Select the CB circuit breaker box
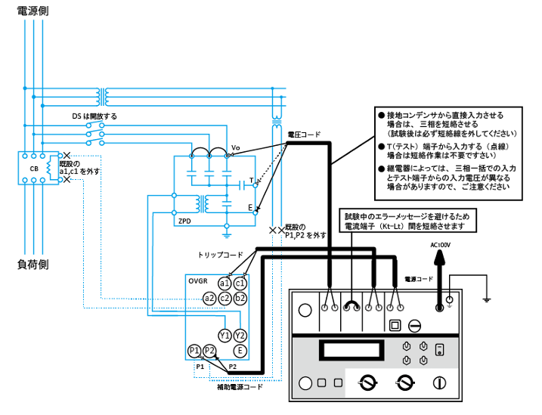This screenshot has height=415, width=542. (34, 168)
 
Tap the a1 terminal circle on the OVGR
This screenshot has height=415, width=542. (225, 283)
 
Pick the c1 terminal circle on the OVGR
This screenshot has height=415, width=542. (240, 283)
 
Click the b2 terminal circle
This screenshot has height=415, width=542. (240, 298)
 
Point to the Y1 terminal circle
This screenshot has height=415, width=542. (225, 335)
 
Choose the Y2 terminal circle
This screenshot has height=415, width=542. (240, 335)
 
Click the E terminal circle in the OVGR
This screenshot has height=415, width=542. (240, 350)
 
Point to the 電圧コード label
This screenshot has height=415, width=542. (303, 135)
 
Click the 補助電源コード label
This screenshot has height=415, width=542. (240, 386)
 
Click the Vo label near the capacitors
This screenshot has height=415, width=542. (235, 147)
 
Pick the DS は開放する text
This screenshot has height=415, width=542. (94, 116)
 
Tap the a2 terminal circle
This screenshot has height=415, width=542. (209, 298)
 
